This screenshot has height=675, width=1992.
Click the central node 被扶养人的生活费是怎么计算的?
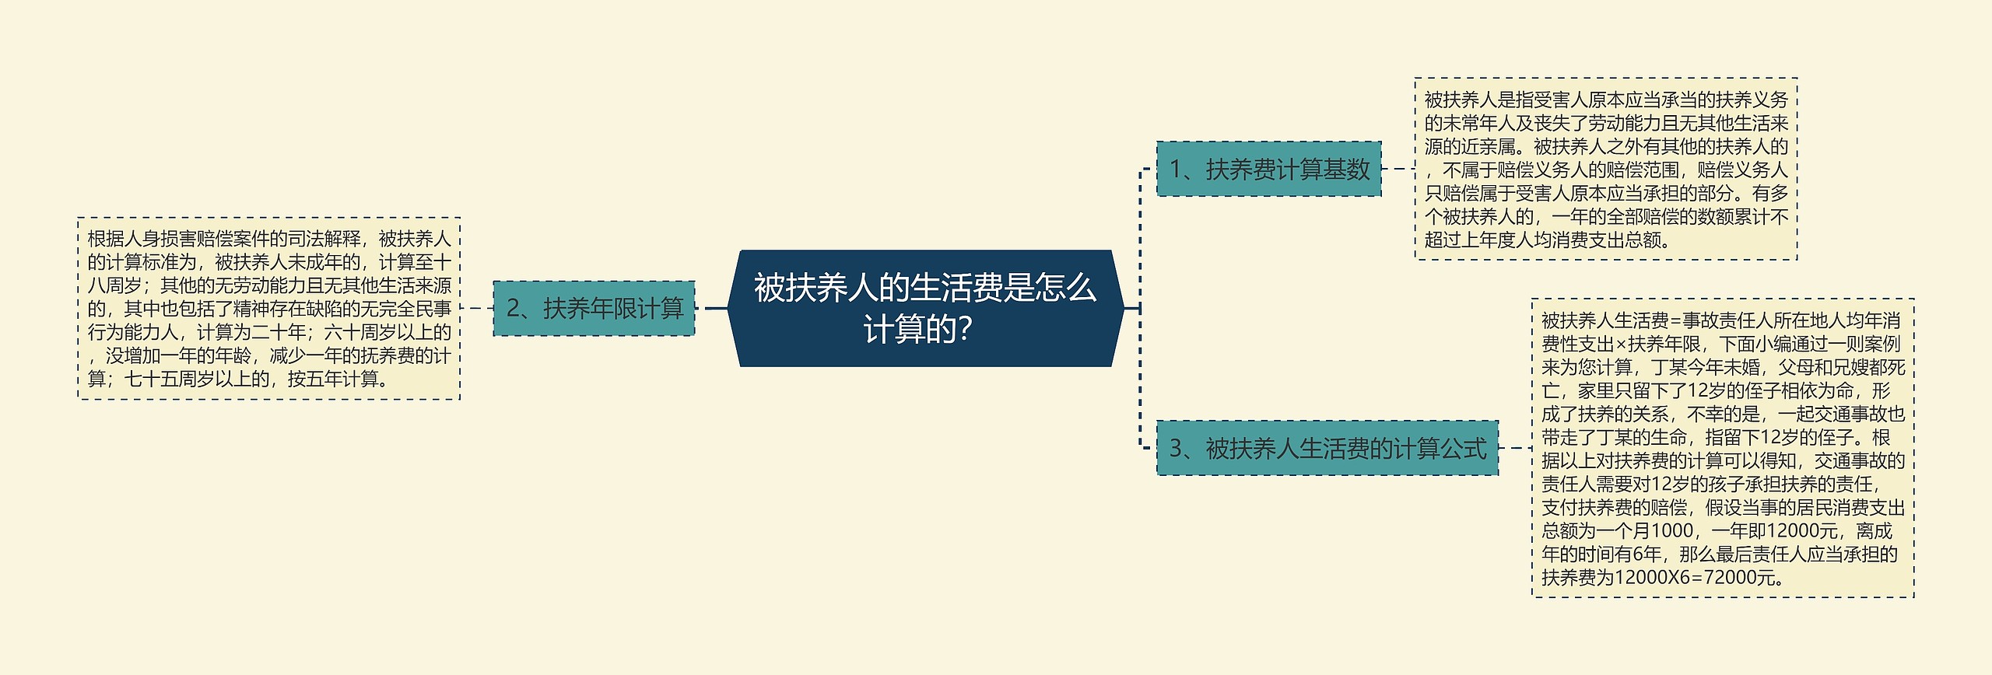click(x=925, y=308)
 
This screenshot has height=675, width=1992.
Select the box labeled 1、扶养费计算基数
click(x=1268, y=169)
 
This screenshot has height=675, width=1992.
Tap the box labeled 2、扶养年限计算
click(x=594, y=309)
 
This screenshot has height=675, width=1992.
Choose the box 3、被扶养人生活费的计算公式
click(x=1327, y=448)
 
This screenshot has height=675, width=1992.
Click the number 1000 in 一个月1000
click(x=1671, y=531)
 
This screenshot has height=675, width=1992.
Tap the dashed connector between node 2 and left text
click(x=477, y=309)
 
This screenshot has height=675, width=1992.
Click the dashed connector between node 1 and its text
click(x=1398, y=169)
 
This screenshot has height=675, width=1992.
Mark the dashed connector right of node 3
click(x=1515, y=448)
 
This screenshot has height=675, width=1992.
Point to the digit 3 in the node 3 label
click(x=1176, y=449)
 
